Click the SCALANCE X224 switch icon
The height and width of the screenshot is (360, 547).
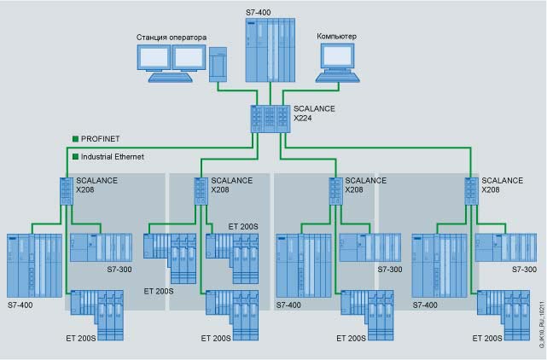(269, 118)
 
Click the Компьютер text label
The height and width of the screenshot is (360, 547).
(336, 36)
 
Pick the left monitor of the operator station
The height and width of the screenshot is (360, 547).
(154, 59)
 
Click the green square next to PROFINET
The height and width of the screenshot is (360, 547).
(75, 137)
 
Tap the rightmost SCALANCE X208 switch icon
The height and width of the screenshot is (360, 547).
(470, 189)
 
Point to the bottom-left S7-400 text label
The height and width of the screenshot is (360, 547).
(21, 305)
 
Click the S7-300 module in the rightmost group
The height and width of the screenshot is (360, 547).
(506, 247)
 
